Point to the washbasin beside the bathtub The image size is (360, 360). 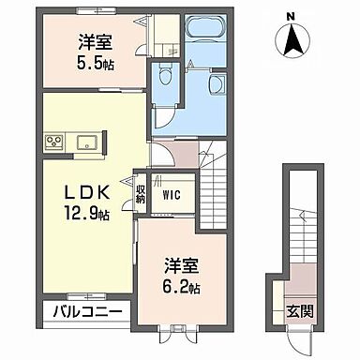pyautogui.click(x=217, y=84)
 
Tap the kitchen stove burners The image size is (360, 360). pyautogui.click(x=53, y=143)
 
